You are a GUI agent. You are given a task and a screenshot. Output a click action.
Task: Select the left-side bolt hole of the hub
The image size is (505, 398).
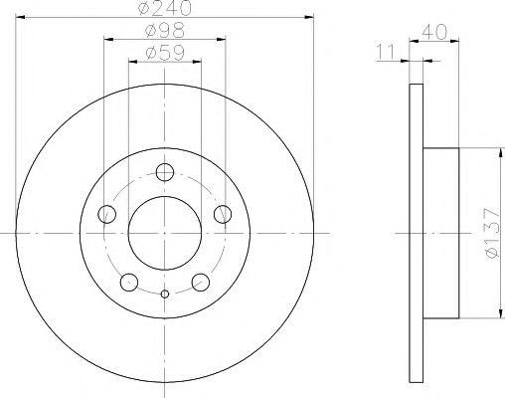(106, 213)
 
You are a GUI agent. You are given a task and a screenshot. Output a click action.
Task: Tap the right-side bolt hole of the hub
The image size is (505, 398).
(222, 212)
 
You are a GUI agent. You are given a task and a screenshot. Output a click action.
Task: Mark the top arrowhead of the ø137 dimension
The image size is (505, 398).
(494, 150)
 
